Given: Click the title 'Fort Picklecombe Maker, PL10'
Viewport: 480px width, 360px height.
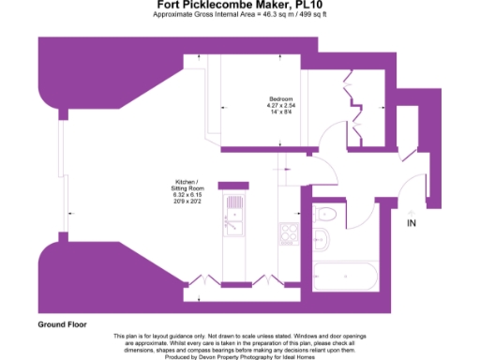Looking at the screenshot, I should [240, 6].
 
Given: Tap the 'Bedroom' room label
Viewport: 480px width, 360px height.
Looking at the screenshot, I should [281, 98].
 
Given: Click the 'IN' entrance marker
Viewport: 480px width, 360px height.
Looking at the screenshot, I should [412, 223].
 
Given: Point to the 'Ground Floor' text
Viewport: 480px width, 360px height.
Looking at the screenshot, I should [62, 324].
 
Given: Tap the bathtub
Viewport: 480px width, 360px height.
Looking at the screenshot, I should [345, 275].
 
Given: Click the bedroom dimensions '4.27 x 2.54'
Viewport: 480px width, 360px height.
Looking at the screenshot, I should [281, 105].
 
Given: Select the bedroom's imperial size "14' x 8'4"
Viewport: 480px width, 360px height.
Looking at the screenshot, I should [281, 112].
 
